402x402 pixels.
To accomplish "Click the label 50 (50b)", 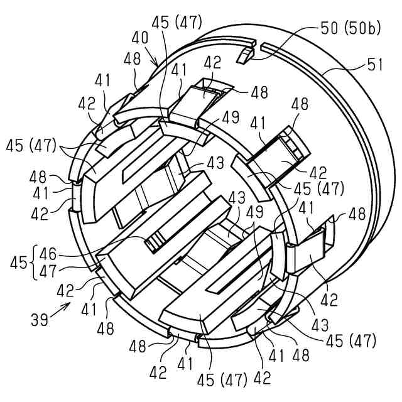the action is (350, 28).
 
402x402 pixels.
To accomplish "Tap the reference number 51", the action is (374, 64).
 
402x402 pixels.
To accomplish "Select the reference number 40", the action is (140, 38).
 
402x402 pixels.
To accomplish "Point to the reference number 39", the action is (40, 320).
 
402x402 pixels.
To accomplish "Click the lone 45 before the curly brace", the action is (18, 263).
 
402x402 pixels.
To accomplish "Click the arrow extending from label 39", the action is (60, 310).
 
